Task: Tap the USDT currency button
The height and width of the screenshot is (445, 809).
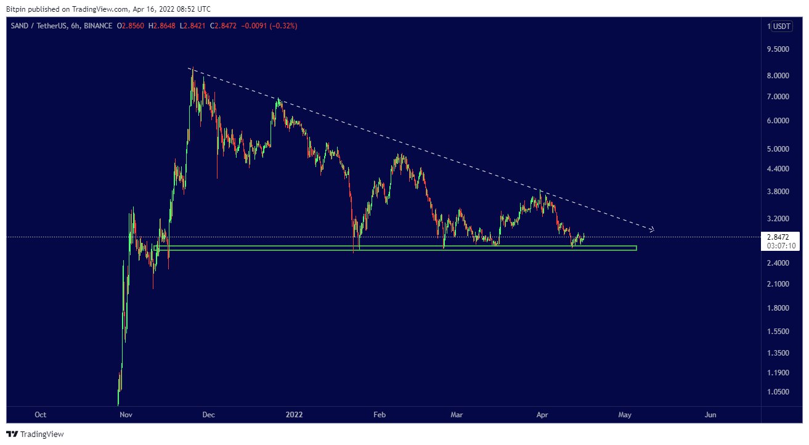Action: pyautogui.click(x=783, y=27)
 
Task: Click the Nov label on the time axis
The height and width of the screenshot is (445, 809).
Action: pyautogui.click(x=126, y=415)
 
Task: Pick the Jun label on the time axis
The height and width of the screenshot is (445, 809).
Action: pyautogui.click(x=710, y=415)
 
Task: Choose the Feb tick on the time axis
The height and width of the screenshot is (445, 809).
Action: pyautogui.click(x=380, y=415)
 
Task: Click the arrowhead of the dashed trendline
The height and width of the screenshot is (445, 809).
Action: pyautogui.click(x=651, y=230)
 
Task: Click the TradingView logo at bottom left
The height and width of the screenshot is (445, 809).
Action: pyautogui.click(x=35, y=434)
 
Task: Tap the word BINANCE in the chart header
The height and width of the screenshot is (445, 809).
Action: pyautogui.click(x=98, y=26)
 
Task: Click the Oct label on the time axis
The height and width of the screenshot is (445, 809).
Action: pyautogui.click(x=41, y=415)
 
